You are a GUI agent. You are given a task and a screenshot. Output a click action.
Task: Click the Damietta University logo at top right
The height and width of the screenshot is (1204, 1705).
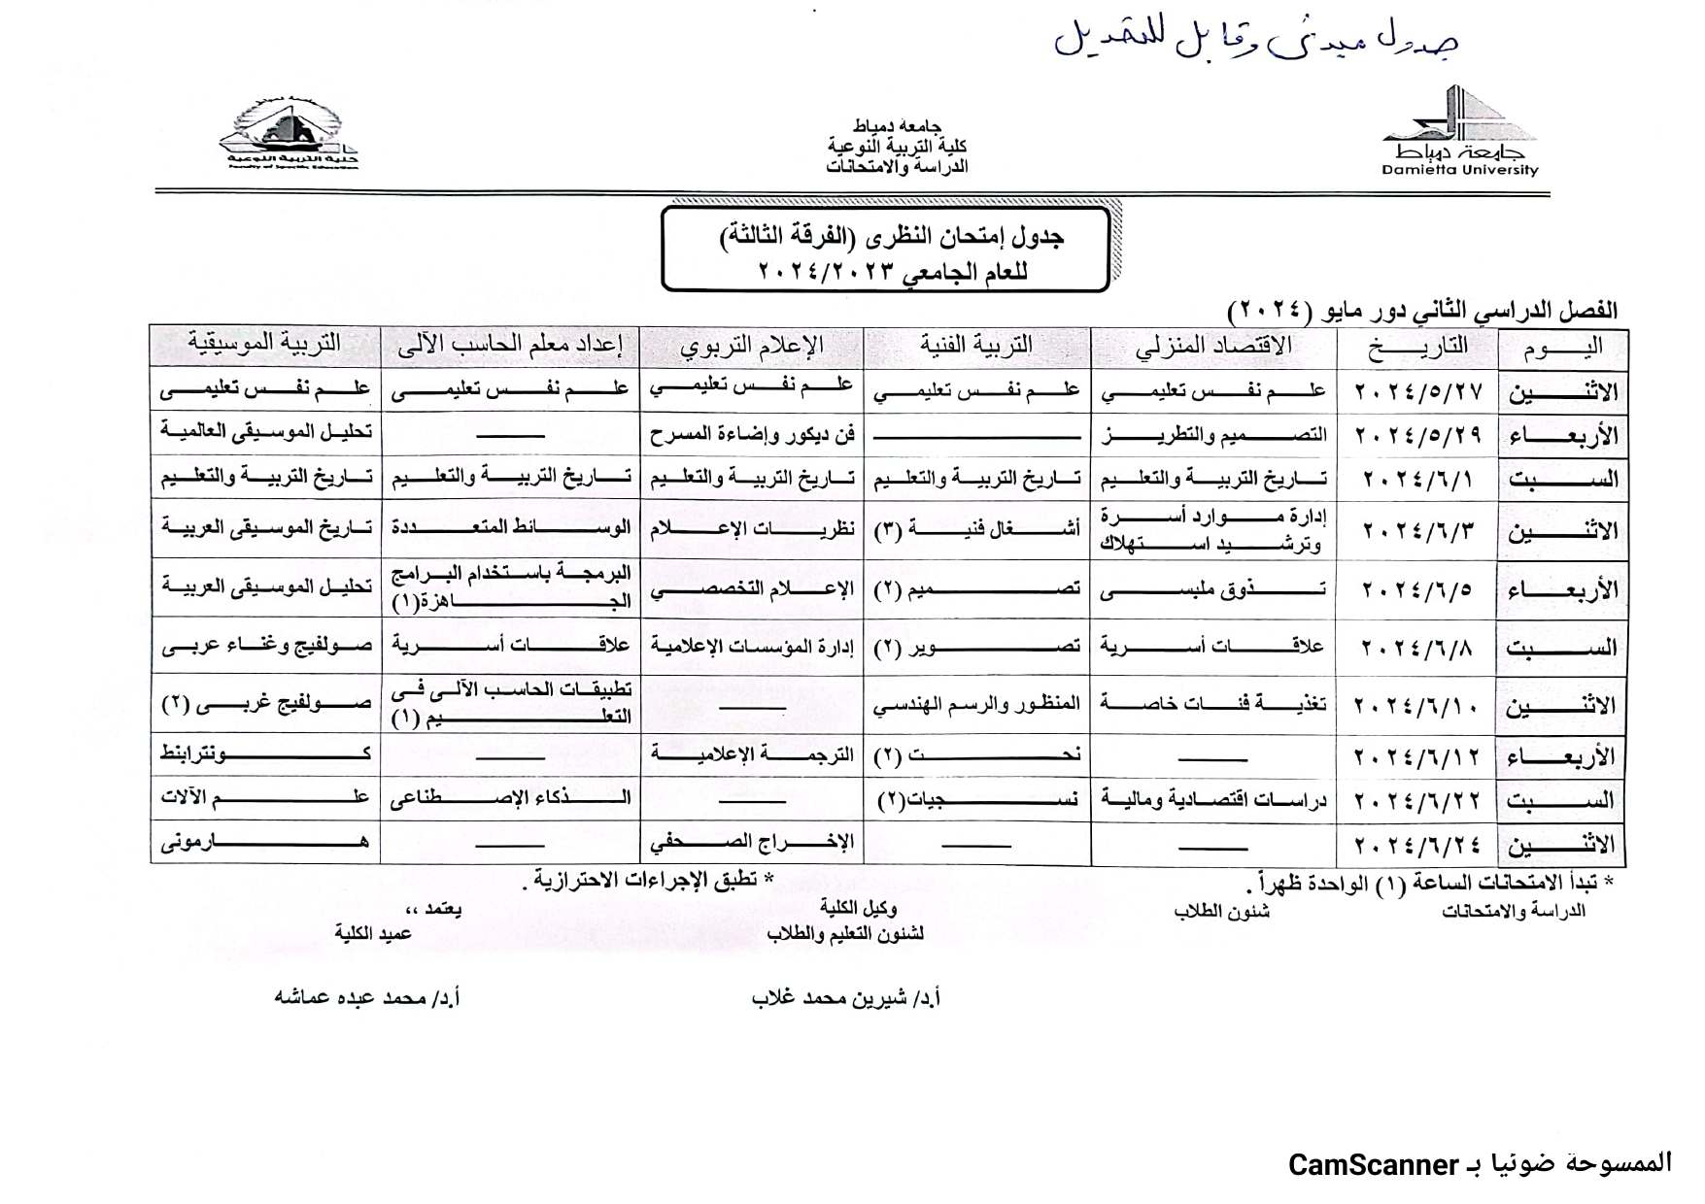pyautogui.click(x=1459, y=134)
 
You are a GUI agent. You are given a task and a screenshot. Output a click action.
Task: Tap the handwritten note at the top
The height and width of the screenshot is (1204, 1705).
pyautogui.click(x=1255, y=39)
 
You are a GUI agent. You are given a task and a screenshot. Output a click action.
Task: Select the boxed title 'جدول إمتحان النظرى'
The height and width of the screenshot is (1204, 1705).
pyautogui.click(x=884, y=250)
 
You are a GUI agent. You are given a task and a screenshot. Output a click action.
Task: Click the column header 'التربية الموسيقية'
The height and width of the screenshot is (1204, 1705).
pyautogui.click(x=264, y=344)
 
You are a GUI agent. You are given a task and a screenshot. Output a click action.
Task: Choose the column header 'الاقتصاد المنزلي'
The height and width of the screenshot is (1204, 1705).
pyautogui.click(x=1213, y=346)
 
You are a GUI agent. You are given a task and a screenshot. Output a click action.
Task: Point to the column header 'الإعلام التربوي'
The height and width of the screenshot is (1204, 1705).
pyautogui.click(x=751, y=346)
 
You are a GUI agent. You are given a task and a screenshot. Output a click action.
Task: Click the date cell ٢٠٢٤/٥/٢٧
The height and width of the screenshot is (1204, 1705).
pyautogui.click(x=1418, y=391)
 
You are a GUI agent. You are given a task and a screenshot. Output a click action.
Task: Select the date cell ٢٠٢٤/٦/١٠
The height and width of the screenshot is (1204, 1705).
pyautogui.click(x=1418, y=704)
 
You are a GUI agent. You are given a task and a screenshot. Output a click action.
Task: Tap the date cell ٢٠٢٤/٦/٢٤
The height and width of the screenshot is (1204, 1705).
pyautogui.click(x=1418, y=843)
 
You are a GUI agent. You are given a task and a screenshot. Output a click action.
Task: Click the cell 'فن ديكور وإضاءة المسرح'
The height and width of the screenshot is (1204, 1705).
pyautogui.click(x=752, y=434)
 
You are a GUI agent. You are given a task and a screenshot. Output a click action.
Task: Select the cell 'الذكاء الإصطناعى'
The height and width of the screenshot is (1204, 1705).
pyautogui.click(x=510, y=798)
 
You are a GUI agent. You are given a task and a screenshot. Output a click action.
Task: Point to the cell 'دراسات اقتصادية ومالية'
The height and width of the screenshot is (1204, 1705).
pyautogui.click(x=1213, y=799)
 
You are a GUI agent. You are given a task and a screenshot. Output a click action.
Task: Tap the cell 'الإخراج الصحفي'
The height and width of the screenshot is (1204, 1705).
pyautogui.click(x=752, y=842)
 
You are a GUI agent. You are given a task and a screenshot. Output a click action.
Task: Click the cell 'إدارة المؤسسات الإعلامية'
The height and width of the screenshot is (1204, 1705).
pyautogui.click(x=752, y=646)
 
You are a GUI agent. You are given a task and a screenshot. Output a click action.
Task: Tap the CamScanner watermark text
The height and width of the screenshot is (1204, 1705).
pyautogui.click(x=1480, y=1163)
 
